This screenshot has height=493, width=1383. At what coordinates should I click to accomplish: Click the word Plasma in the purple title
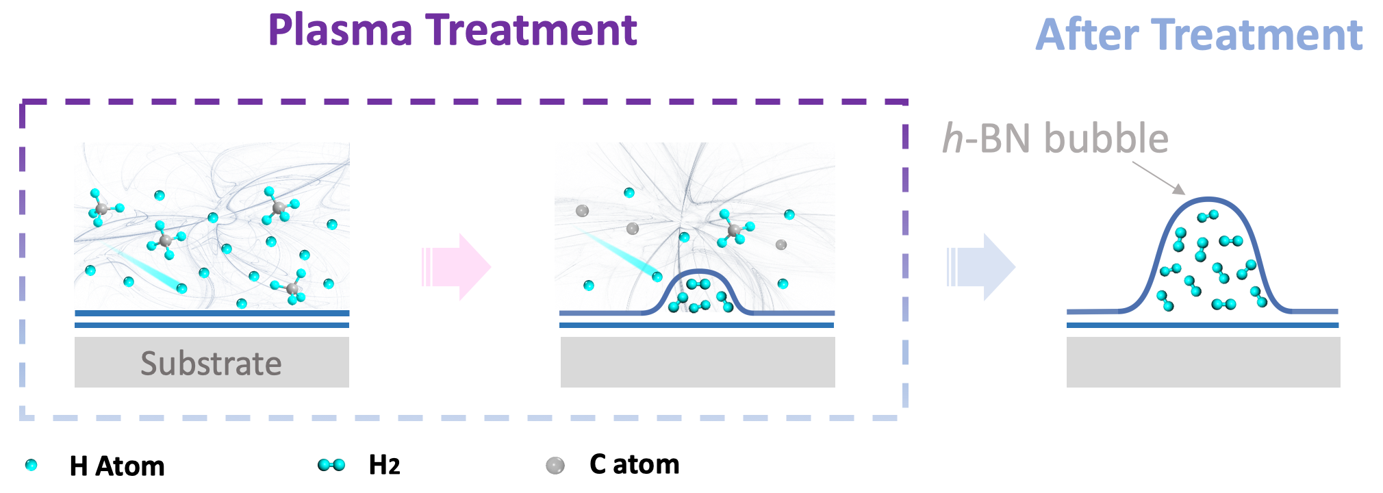(x=340, y=30)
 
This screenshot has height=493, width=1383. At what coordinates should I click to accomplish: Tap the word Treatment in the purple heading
(x=531, y=30)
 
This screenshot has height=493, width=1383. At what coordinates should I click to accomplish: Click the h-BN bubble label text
(x=1055, y=138)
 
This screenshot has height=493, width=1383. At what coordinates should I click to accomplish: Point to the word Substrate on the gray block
(x=211, y=363)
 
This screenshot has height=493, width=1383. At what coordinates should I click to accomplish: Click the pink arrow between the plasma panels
(x=457, y=267)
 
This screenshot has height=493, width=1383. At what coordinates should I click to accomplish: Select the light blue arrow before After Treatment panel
(x=982, y=267)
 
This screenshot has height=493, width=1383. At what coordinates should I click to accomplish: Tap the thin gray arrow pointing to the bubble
(x=1158, y=177)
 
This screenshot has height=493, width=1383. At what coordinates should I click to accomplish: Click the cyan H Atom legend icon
(x=31, y=466)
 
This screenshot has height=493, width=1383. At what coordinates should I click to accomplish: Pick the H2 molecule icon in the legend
(x=331, y=466)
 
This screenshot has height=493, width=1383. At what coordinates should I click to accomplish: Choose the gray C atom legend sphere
(x=555, y=466)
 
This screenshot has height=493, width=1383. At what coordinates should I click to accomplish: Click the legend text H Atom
(x=117, y=466)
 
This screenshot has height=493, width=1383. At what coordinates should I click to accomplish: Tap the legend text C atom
(x=634, y=465)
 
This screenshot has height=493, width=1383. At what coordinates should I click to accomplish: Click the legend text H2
(x=384, y=465)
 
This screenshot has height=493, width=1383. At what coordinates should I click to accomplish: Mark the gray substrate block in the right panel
(x=1203, y=362)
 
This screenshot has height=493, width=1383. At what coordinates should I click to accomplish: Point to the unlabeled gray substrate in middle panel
(x=698, y=362)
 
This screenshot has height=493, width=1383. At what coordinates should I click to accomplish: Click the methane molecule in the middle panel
(x=735, y=229)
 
